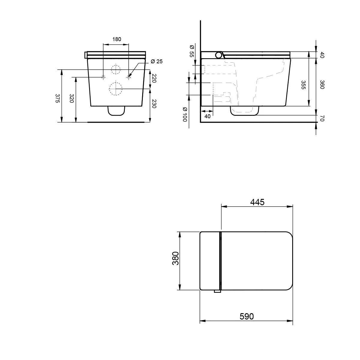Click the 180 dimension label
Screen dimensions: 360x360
(116, 39)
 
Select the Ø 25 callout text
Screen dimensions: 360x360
(156, 61)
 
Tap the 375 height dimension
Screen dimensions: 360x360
(57, 98)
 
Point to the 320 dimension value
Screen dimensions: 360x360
(72, 98)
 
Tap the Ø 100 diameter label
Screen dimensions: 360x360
(184, 115)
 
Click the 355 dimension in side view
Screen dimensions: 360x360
(303, 85)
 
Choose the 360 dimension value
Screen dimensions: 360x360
(322, 85)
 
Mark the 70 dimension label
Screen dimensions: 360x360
(322, 119)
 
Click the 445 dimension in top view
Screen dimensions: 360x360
(257, 202)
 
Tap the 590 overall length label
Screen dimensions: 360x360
(246, 316)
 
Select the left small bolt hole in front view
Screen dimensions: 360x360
(103, 77)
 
